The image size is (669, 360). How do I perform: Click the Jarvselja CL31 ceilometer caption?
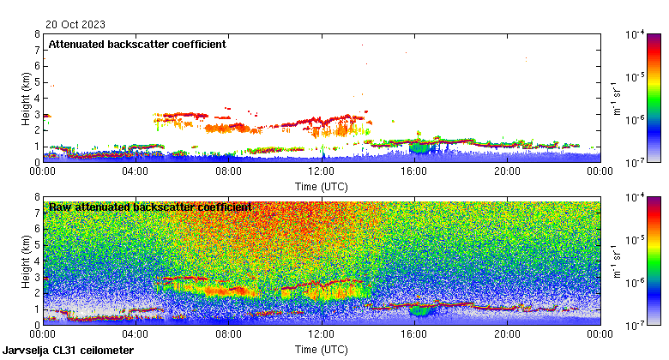point(68,351)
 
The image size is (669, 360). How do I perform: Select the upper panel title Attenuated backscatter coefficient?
point(137,44)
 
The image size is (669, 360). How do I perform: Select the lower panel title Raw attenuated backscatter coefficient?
point(150,207)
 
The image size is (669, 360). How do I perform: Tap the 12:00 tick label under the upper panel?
point(322,171)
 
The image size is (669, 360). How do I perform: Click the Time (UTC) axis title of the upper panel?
point(322,185)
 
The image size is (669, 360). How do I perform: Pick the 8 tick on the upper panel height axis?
point(37,35)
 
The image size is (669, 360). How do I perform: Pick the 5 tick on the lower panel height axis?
point(37,245)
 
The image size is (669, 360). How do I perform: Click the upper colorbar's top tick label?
point(635,34)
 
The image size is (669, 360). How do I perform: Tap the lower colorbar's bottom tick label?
point(635,325)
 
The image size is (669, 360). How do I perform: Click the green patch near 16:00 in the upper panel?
point(419,148)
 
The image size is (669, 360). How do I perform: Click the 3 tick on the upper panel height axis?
point(37,114)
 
